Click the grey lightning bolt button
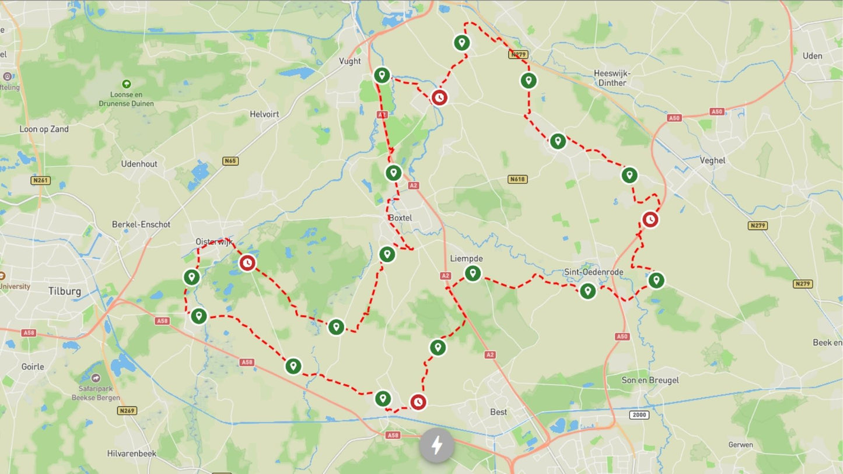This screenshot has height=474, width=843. click(x=437, y=446)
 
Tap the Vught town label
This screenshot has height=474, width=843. click(x=350, y=61)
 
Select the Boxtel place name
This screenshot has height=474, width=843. click(x=400, y=218)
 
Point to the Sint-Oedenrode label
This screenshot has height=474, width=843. click(x=594, y=272)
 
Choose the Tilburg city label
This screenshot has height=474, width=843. click(x=65, y=291)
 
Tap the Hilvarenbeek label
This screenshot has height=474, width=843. click(x=132, y=454)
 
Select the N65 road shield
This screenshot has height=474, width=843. click(x=230, y=161)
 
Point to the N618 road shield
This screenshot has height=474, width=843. click(x=517, y=179)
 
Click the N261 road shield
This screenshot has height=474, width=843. click(x=40, y=181)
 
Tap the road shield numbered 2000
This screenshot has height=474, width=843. click(x=639, y=415)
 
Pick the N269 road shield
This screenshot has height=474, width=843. click(x=127, y=410)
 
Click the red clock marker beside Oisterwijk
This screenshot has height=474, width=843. click(x=247, y=264)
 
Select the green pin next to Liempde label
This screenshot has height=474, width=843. click(x=473, y=273)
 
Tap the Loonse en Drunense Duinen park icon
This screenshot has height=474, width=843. click(x=126, y=85)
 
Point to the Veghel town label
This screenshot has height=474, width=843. click(x=712, y=160)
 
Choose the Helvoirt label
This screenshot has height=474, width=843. click(x=264, y=114)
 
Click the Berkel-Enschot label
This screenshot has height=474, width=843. click(x=141, y=224)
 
